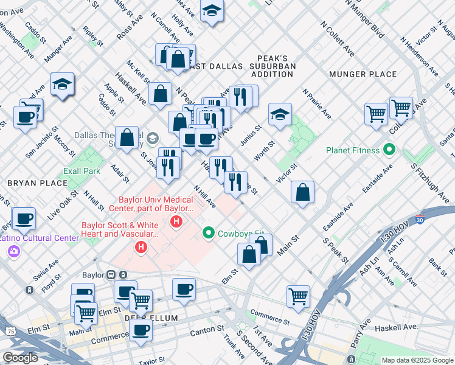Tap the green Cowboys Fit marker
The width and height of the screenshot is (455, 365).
point(208,233)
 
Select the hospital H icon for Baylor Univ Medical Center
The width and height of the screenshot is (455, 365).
point(176,222)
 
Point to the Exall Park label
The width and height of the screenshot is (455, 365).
point(82,171)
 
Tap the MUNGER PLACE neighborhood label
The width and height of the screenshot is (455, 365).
point(363,74)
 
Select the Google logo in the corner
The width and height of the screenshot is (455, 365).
point(20,357)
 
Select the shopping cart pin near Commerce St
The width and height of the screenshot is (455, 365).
point(298,297)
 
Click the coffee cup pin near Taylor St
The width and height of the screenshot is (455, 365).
point(141,330)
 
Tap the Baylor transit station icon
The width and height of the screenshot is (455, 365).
point(112,274)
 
